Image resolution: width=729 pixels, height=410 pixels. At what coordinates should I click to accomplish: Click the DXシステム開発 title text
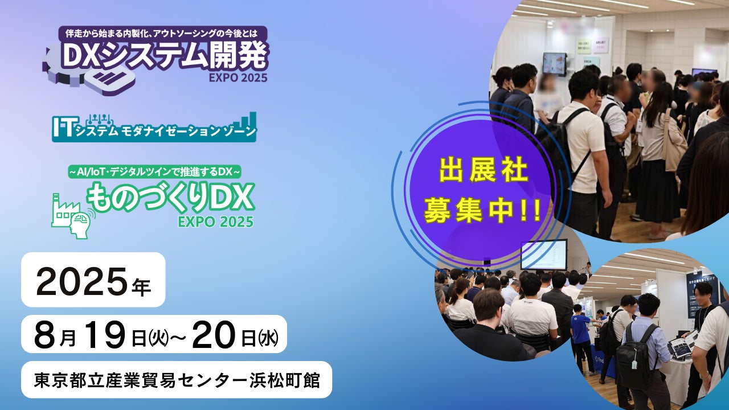(x=165, y=56)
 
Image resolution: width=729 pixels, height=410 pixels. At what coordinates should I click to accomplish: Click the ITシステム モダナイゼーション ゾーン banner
(x=154, y=127)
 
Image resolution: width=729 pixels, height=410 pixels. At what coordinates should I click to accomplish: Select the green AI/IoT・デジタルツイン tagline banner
(x=155, y=171)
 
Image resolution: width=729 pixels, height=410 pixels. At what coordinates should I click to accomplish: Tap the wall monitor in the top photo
(x=554, y=64)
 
